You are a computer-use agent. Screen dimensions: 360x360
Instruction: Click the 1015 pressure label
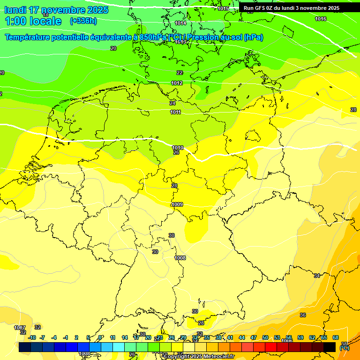point(223,8)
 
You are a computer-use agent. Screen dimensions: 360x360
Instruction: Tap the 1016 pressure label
point(321,19)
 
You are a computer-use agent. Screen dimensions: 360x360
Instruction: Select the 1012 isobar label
point(177,83)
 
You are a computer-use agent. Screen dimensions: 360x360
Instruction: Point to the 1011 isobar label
point(176,112)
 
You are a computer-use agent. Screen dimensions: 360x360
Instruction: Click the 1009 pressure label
point(177,204)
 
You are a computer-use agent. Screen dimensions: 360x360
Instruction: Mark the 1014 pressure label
point(180,23)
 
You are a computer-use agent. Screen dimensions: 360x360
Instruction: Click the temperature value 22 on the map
point(180,73)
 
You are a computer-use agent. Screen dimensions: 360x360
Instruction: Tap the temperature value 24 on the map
point(172,103)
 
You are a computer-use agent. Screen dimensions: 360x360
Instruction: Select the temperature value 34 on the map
point(317,276)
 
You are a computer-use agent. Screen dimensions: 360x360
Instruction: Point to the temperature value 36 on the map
point(303,315)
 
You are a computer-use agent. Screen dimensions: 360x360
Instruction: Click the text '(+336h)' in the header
point(83,21)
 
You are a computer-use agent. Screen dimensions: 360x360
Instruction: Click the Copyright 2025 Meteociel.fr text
point(199,356)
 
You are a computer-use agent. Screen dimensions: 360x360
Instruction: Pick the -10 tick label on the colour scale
point(32,337)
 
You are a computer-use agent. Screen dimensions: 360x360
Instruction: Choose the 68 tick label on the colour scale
point(336,337)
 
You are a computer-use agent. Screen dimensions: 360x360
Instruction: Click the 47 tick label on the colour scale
point(254,337)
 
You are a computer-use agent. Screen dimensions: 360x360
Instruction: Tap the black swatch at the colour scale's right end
point(330,347)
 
